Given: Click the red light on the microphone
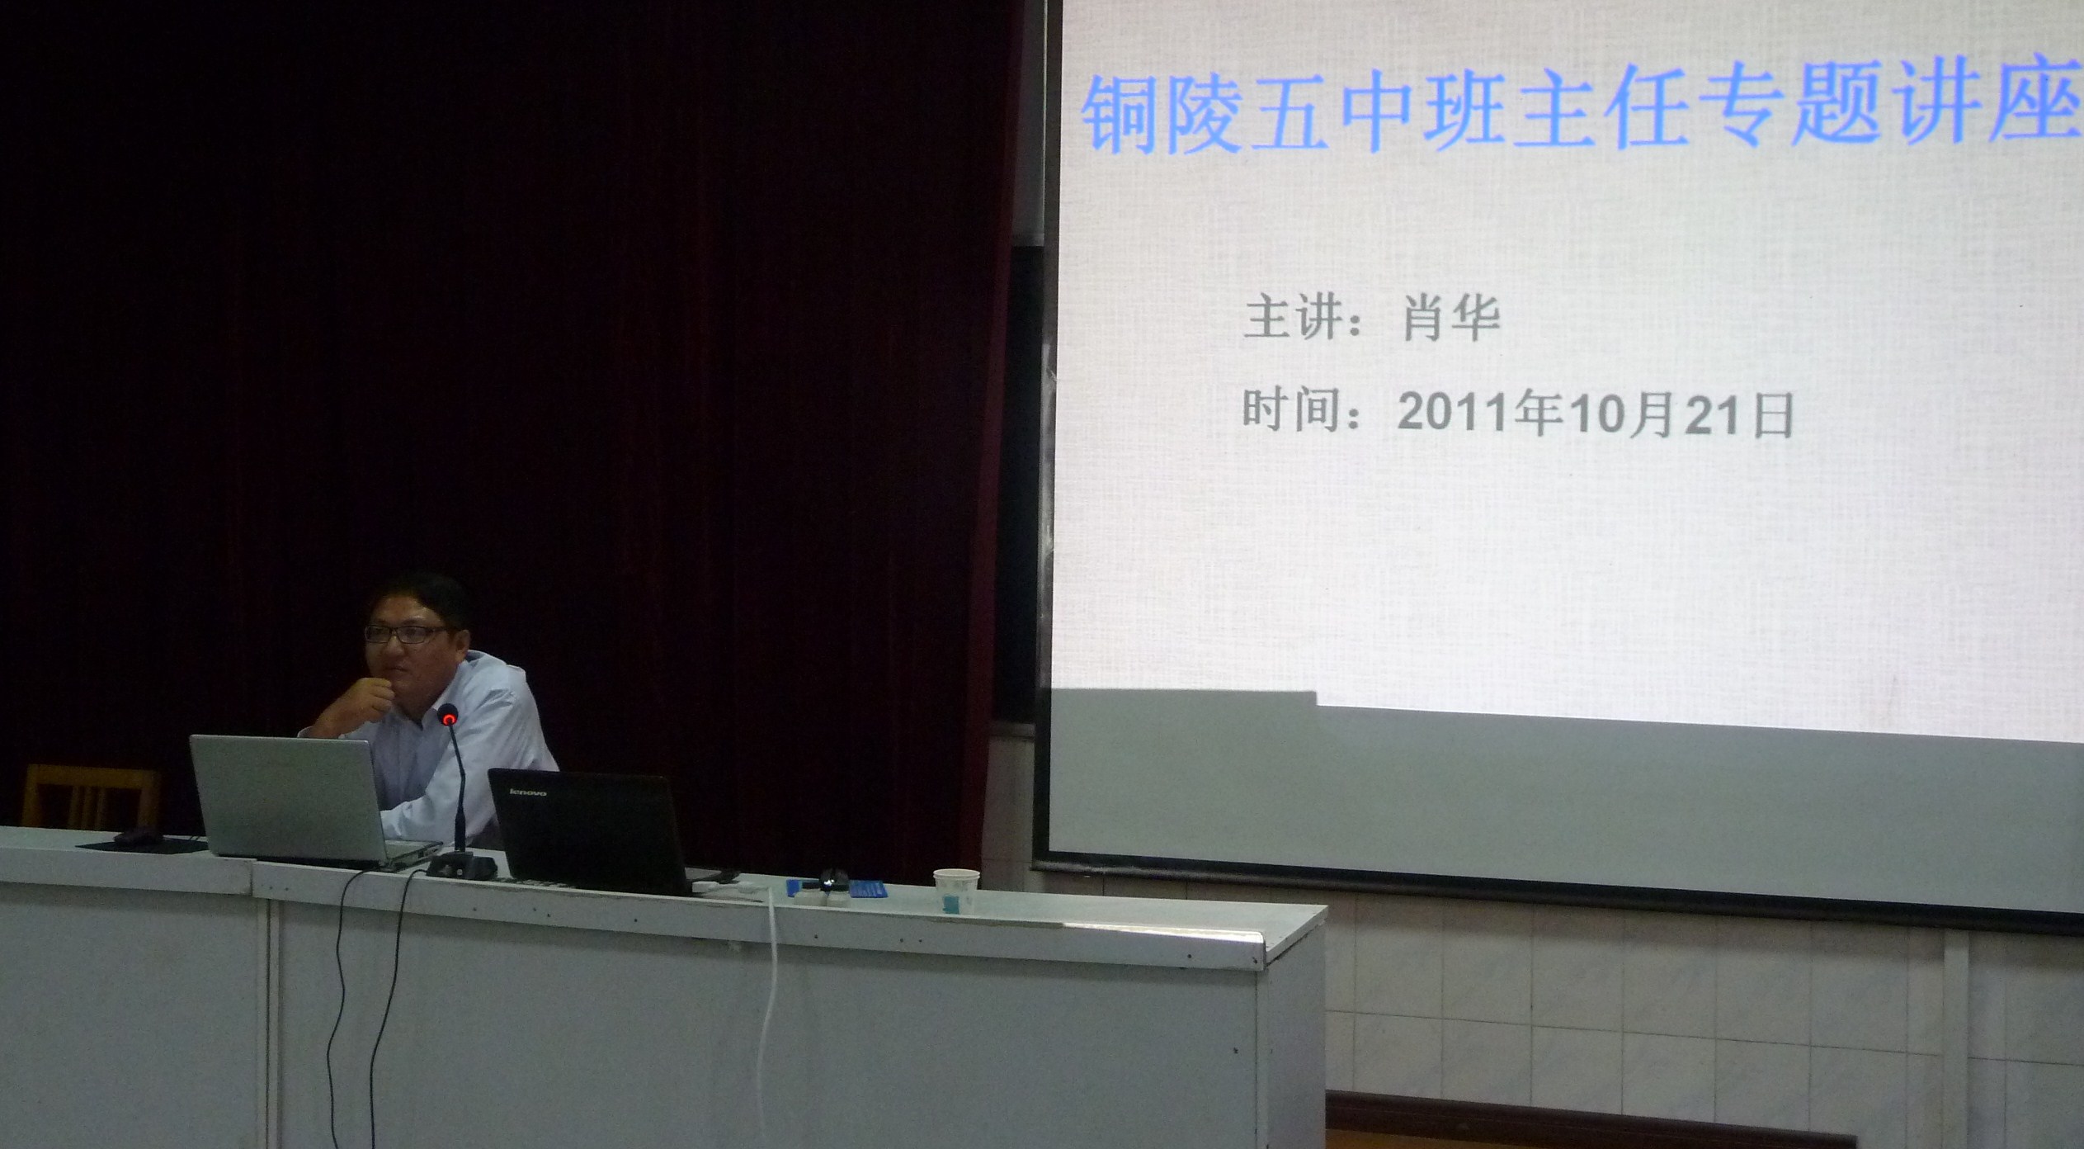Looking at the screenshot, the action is (449, 719).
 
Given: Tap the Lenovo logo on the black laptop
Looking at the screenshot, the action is (526, 792).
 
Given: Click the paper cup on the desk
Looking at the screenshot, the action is (955, 891).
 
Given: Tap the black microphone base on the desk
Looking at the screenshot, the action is (461, 865).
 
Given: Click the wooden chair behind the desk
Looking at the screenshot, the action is (91, 797).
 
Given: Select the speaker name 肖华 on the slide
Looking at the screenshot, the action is (1451, 319).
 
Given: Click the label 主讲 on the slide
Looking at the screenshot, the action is (1290, 319).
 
